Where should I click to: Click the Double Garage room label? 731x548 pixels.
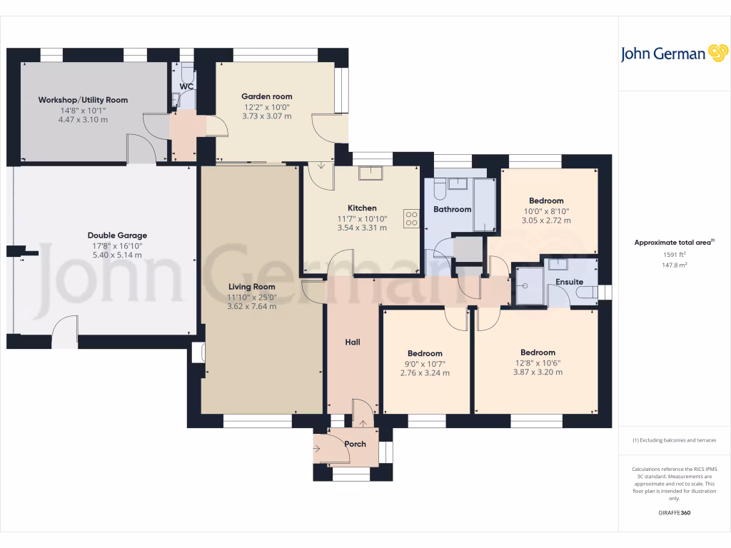[117, 235]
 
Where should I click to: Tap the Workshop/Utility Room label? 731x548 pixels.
[83, 100]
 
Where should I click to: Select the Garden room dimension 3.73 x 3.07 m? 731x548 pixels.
[266, 116]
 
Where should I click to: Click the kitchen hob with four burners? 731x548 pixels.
[411, 218]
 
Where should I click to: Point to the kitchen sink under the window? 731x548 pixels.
[370, 173]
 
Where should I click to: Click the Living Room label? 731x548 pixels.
[251, 287]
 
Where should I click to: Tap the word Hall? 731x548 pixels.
[353, 342]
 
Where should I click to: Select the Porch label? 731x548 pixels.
[355, 444]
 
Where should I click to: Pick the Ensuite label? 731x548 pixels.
[569, 283]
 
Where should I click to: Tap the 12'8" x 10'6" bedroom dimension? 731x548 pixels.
[538, 362]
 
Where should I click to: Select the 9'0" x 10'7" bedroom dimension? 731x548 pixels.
[425, 363]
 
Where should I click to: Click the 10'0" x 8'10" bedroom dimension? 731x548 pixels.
[546, 211]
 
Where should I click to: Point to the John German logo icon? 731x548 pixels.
[717, 54]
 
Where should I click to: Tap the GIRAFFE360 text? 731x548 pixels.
[675, 513]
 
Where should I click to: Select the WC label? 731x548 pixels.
[186, 86]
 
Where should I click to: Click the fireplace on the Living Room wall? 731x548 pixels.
[197, 353]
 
